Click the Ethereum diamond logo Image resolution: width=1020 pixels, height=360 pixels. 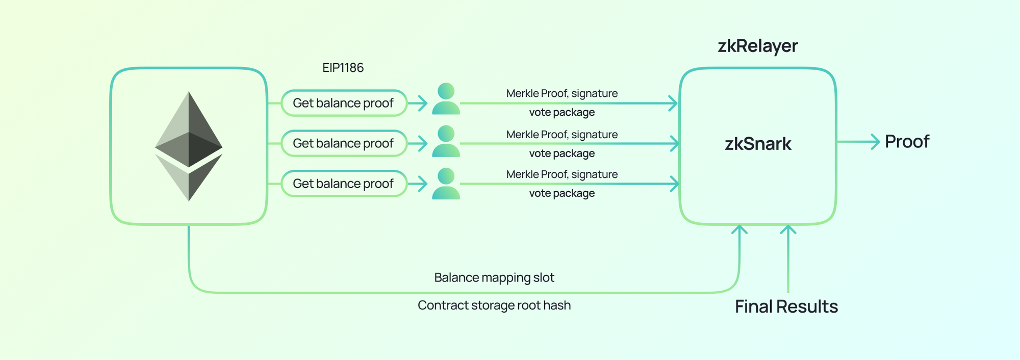point(189,146)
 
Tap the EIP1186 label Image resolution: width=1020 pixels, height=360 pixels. point(343,68)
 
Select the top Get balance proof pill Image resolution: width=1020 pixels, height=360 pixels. point(344,103)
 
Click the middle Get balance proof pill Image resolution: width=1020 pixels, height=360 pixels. point(344,143)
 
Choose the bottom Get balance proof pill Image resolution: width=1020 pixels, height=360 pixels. point(344,184)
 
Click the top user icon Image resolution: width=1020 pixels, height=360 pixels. point(446,99)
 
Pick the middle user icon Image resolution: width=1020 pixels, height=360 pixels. point(446,141)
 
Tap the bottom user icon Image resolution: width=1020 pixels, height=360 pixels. point(446,184)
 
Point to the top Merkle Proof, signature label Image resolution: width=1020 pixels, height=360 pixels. point(562,93)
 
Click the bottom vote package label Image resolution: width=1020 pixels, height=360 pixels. point(562,193)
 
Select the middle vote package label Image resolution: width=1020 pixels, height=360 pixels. point(562,153)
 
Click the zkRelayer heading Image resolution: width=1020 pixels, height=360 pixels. point(757,46)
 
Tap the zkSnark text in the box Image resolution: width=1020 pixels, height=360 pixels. point(758,144)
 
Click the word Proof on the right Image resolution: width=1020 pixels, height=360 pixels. point(907,142)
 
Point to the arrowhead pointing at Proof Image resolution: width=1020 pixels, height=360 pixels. point(876,142)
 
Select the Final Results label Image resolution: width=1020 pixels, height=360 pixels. point(786,306)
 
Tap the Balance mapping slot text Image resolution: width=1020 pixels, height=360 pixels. point(494,277)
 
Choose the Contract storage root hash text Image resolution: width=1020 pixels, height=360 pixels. point(494,305)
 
